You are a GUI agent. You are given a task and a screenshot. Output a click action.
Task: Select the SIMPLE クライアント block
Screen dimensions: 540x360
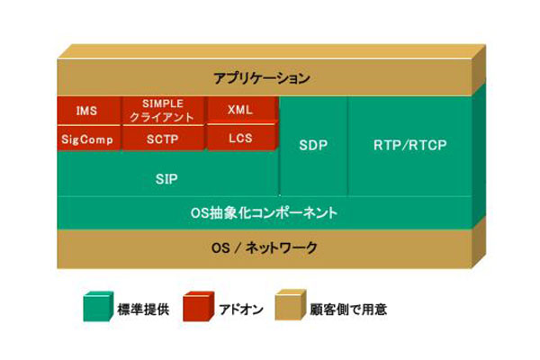(x=163, y=111)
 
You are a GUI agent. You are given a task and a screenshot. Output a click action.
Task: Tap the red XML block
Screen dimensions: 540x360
(x=241, y=110)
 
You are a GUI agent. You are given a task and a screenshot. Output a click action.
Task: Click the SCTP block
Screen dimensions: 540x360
(x=163, y=139)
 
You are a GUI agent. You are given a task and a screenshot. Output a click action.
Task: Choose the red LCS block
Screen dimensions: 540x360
(x=241, y=138)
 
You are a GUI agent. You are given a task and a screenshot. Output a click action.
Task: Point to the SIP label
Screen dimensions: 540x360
(x=166, y=179)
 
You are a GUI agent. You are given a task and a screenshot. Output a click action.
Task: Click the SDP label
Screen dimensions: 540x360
(x=313, y=145)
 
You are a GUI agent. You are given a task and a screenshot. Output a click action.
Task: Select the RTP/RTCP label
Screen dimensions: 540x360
(x=409, y=145)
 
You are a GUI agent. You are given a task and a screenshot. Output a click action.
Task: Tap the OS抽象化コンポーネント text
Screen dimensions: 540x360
(x=264, y=212)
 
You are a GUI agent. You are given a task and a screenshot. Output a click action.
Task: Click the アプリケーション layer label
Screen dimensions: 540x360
(x=262, y=78)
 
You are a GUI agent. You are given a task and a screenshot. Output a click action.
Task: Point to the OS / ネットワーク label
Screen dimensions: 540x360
(x=264, y=247)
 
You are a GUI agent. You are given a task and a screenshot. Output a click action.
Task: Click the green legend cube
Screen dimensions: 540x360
(x=98, y=306)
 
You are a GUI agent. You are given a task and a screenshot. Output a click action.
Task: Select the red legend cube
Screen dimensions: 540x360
(x=198, y=306)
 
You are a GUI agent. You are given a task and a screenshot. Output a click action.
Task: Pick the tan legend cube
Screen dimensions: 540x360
(x=291, y=305)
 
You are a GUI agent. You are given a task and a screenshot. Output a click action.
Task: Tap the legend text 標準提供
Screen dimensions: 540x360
(x=143, y=309)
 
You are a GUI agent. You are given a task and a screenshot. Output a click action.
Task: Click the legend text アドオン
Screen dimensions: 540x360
(x=241, y=309)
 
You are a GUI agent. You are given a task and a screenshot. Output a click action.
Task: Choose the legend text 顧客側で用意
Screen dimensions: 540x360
(x=348, y=309)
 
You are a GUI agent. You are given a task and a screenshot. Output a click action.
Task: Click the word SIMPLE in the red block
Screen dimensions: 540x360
(x=163, y=103)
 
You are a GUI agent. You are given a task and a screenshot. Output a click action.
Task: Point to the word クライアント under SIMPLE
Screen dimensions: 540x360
(x=162, y=118)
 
